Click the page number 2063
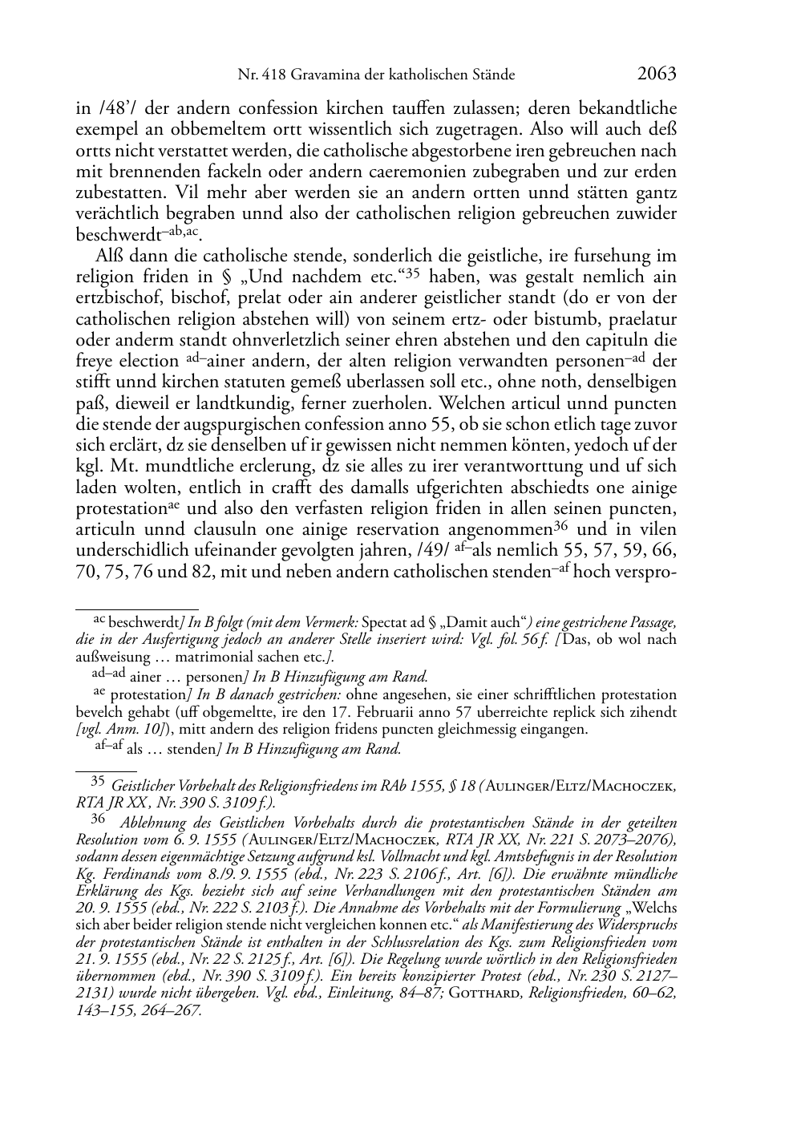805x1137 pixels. (657, 74)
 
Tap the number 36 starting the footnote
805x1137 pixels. (98, 820)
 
